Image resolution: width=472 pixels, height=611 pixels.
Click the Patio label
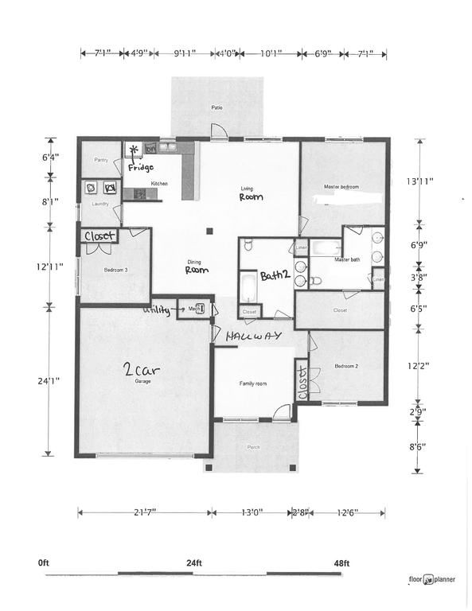(216, 107)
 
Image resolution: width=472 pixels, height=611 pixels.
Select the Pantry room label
(101, 160)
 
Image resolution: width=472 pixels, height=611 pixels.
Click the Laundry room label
(100, 204)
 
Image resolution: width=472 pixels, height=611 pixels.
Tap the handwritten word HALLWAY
(254, 337)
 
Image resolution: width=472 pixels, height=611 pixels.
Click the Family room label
(253, 383)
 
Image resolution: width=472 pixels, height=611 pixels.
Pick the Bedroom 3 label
(115, 270)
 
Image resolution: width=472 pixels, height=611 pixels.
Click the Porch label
(255, 447)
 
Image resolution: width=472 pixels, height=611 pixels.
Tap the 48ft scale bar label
(341, 563)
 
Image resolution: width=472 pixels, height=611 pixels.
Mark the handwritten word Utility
(156, 310)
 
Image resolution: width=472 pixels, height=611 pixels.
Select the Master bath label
(348, 259)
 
